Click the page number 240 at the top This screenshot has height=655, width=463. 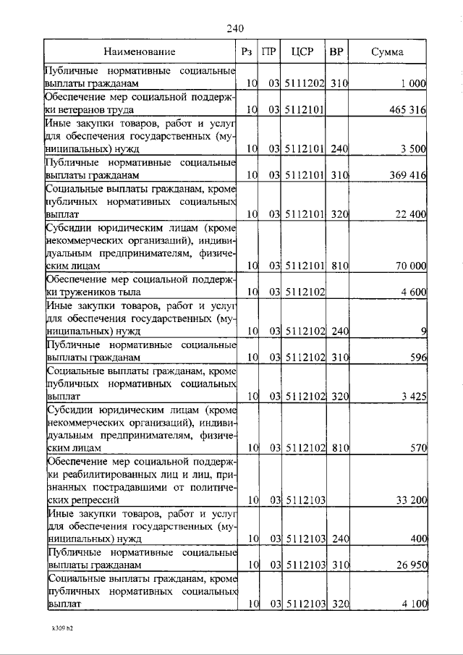(x=234, y=28)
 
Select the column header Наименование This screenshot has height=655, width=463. (x=139, y=52)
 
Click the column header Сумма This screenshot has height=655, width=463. (x=388, y=52)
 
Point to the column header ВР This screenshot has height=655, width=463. (x=336, y=52)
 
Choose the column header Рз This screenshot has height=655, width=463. (x=247, y=52)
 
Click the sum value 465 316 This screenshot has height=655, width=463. (x=407, y=110)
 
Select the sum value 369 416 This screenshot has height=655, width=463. (x=407, y=175)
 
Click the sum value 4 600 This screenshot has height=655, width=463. (x=413, y=292)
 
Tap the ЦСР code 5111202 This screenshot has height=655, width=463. (x=302, y=84)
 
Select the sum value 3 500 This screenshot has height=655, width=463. (x=413, y=149)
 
